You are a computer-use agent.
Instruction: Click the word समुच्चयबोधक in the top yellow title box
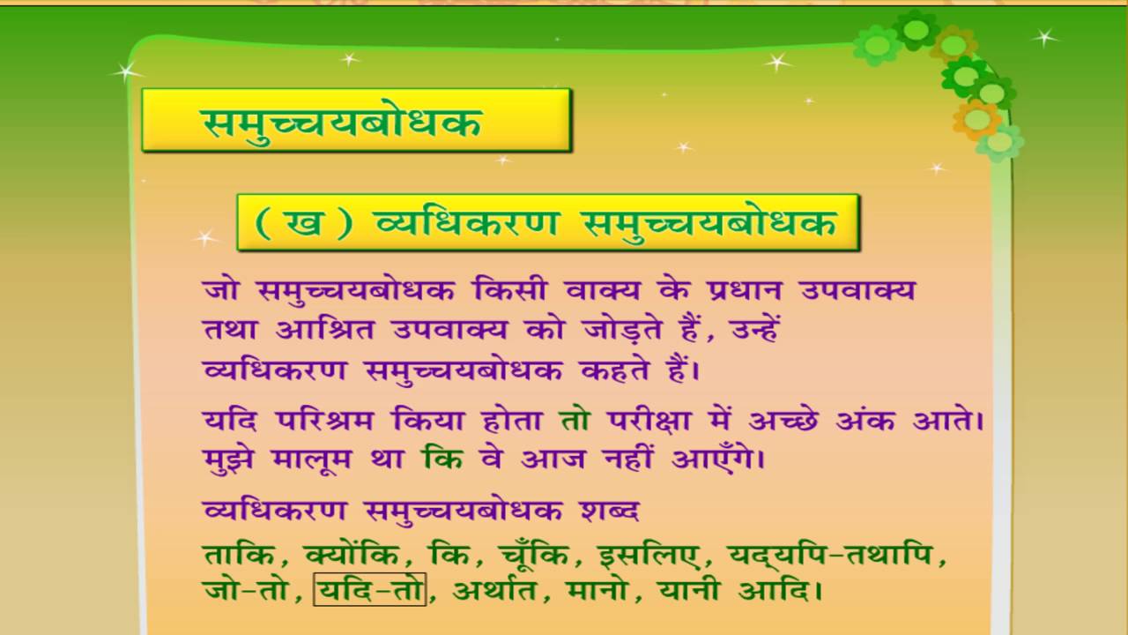(343, 121)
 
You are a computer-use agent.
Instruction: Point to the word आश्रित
(321, 331)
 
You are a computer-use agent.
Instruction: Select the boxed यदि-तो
(370, 589)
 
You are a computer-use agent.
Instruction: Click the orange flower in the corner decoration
(976, 118)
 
